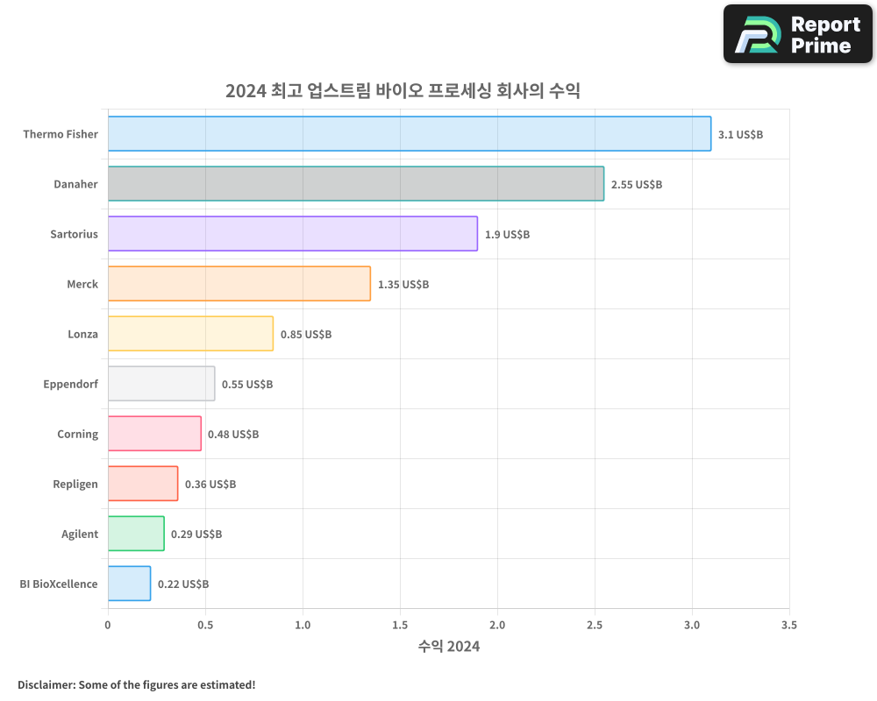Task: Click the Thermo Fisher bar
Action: (x=409, y=133)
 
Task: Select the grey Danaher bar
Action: (x=355, y=183)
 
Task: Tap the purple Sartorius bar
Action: (x=292, y=233)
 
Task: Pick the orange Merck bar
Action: (x=239, y=283)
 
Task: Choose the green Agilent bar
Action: (x=136, y=533)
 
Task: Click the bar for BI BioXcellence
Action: (x=129, y=583)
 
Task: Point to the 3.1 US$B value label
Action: (x=740, y=134)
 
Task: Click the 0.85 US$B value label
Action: (x=306, y=334)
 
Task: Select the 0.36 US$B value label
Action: (x=210, y=484)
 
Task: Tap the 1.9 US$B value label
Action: (x=507, y=234)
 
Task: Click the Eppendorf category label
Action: (x=70, y=384)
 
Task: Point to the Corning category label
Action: (x=77, y=434)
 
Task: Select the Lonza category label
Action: (x=82, y=334)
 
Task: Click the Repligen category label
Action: (x=75, y=484)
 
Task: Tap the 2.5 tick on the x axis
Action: (x=595, y=625)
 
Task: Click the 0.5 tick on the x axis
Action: (x=205, y=625)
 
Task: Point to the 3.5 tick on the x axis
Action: (x=789, y=625)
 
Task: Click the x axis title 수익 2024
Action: (x=449, y=647)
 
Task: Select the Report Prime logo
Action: (x=798, y=34)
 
